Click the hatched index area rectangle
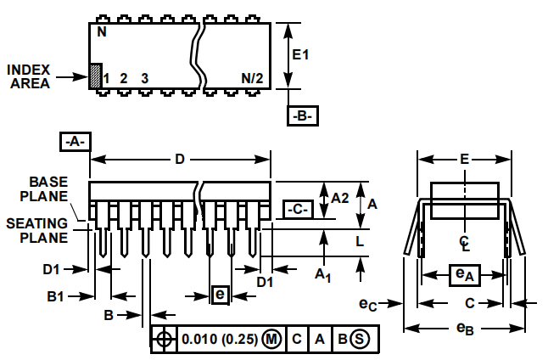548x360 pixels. coord(95,75)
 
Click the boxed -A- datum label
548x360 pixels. coord(75,142)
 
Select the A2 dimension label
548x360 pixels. coord(339,198)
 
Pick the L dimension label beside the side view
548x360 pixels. coord(360,241)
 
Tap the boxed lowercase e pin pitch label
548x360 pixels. coord(220,295)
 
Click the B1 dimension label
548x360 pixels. coord(57,296)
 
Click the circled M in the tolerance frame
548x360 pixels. coord(271,339)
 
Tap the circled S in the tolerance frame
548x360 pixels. coord(360,339)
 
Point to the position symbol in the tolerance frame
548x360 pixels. coord(164,339)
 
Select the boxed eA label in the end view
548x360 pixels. coord(464,274)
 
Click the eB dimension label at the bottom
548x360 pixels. coord(464,328)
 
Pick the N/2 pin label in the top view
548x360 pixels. coord(251,78)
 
